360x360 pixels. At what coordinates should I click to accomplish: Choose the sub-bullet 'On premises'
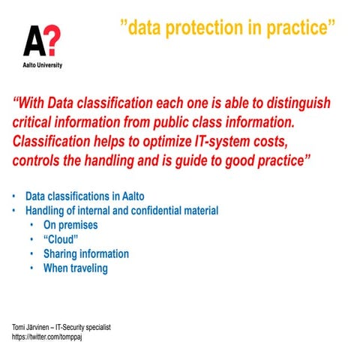click(70, 225)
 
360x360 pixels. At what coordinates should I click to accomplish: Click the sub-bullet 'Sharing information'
click(86, 253)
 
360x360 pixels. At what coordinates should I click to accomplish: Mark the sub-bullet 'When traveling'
click(76, 268)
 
